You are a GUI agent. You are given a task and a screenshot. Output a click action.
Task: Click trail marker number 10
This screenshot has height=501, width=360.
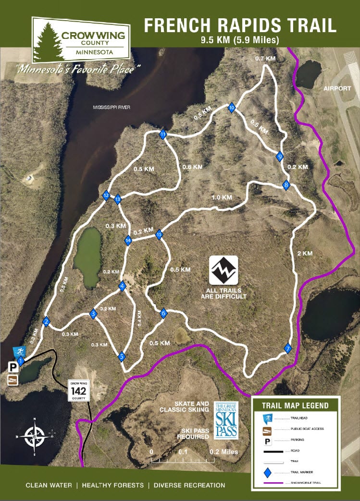232,108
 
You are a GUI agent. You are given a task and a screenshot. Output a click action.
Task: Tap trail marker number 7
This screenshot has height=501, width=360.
288,349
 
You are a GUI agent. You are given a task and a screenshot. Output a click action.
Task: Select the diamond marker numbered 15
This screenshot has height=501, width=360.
159,234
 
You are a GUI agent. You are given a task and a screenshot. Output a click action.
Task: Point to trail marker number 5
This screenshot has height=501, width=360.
122,357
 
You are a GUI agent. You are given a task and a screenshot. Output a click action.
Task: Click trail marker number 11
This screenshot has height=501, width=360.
163,134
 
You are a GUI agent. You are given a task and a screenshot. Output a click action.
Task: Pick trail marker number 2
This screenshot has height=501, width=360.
47,322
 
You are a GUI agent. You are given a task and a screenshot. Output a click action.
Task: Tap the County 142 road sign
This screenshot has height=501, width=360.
78,391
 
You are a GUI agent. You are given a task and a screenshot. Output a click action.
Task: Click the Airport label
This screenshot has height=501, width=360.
335,89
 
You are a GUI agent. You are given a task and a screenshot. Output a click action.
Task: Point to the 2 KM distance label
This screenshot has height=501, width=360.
305,253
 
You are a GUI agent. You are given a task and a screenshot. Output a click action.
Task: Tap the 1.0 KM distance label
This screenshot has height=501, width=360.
222,197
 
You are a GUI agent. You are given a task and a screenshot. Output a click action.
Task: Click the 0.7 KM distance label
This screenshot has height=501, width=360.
265,59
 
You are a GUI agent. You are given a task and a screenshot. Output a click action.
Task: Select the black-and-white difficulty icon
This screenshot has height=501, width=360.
223,270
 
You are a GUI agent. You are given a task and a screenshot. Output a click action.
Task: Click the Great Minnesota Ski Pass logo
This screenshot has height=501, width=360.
225,420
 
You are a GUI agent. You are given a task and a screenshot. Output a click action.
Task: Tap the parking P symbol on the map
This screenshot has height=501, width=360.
13,367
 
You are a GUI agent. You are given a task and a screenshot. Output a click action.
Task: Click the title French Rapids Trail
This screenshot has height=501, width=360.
240,25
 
